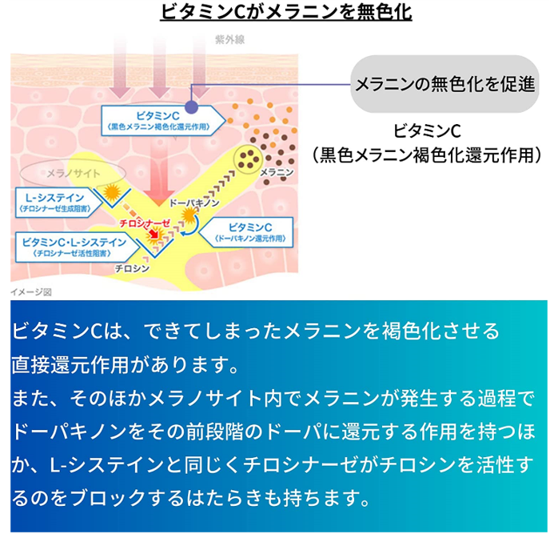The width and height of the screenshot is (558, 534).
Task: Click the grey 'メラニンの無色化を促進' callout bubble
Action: click(x=444, y=84)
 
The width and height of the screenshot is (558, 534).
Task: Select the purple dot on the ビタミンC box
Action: click(x=191, y=106)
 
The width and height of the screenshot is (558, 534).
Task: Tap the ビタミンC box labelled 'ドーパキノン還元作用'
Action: click(x=250, y=233)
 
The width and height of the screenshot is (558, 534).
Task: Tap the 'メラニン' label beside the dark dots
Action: click(x=277, y=172)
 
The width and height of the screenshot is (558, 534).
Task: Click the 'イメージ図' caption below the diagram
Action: click(x=30, y=292)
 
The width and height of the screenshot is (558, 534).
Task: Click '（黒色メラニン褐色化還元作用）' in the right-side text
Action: click(x=427, y=155)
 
